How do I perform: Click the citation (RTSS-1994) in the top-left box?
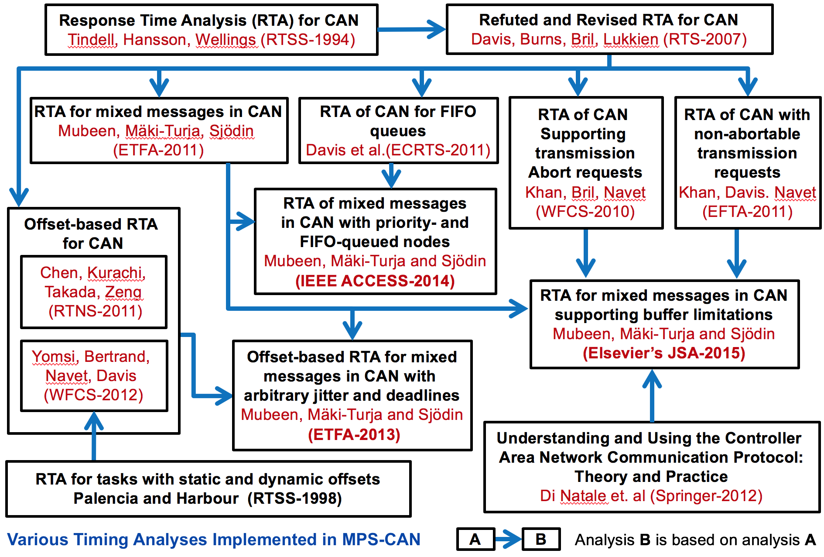pos(308,40)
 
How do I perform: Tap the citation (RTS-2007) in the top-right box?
pos(705,39)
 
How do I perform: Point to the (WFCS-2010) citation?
pos(585,212)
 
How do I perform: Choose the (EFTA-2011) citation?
pos(747,212)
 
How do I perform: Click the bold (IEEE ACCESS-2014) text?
pos(375,281)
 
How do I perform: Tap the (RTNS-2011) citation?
pos(95,311)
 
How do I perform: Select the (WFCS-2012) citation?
pos(93,395)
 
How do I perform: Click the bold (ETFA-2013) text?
pos(354,435)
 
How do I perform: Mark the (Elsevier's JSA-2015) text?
pos(664,353)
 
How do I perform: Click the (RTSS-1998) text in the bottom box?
pos(294,499)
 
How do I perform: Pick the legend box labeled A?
pos(475,540)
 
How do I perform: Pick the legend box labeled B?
pos(541,540)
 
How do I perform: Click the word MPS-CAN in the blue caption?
pos(381,540)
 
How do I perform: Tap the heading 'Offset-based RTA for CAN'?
pos(92,234)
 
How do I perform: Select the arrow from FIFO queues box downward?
pos(391,175)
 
